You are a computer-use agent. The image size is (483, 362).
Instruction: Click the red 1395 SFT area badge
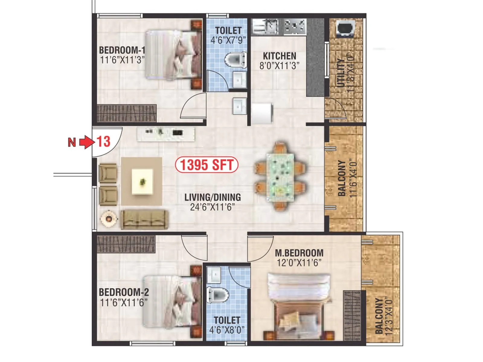pos(207,165)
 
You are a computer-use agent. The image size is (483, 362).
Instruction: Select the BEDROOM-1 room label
pos(122,50)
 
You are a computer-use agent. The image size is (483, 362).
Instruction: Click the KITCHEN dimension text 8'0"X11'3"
pos(279,65)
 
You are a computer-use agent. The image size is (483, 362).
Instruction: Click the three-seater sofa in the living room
pos(144,220)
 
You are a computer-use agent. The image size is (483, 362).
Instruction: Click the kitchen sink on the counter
pos(266,26)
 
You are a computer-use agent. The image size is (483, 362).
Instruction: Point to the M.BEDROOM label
pos(299,253)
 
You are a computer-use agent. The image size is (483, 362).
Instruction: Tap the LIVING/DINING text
pos(213,197)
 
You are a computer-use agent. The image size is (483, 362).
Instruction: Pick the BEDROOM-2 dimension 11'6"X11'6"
pos(123,302)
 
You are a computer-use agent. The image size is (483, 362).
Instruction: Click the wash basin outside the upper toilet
pos(240,106)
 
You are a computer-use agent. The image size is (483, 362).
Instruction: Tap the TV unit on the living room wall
pos(166,134)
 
